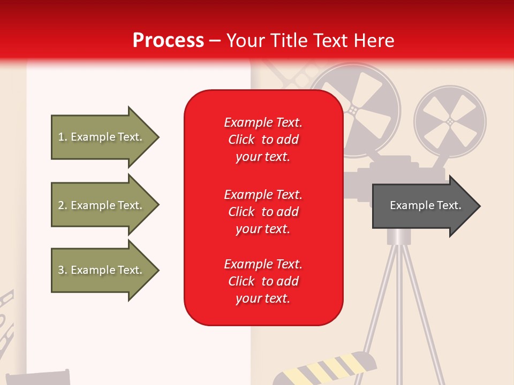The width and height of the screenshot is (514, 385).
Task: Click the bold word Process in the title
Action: [x=168, y=41]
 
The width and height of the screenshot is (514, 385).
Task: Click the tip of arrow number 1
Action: [x=157, y=137]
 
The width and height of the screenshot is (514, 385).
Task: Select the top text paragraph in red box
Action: [x=263, y=140]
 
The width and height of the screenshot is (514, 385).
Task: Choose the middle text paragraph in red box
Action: [x=263, y=212]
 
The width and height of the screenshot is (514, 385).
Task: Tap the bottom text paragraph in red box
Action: [x=263, y=281]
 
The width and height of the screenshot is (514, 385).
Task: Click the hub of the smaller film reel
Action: [x=450, y=122]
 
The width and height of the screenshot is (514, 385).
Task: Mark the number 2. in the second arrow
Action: [x=63, y=205]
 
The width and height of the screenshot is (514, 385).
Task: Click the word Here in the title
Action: [x=375, y=41]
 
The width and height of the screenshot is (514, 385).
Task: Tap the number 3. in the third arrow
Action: [x=63, y=270]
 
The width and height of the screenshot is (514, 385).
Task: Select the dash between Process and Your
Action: [x=215, y=41]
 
